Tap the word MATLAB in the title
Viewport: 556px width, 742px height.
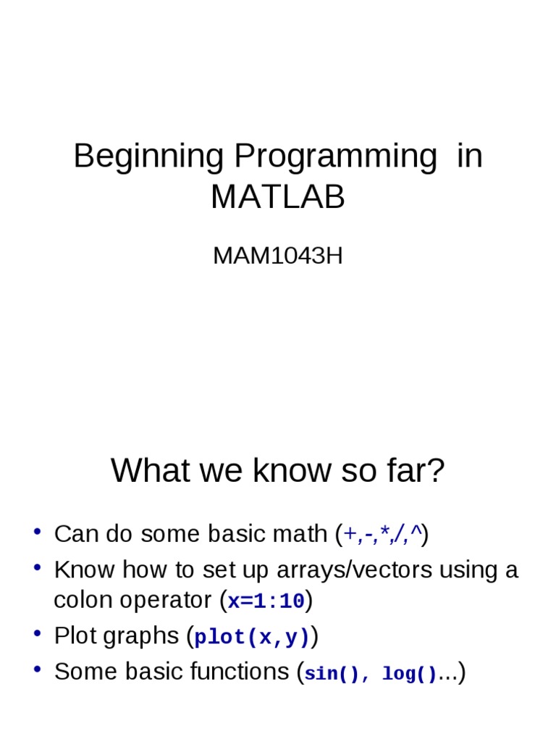pyautogui.click(x=278, y=197)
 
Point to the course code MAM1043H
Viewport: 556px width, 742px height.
pyautogui.click(x=278, y=256)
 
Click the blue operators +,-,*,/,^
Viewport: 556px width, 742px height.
pyautogui.click(x=383, y=535)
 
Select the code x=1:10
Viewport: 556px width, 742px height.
pyautogui.click(x=266, y=601)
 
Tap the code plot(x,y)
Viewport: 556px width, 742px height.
pyautogui.click(x=252, y=637)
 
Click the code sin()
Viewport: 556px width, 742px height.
pyautogui.click(x=332, y=674)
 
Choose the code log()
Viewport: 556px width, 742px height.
pyautogui.click(x=409, y=674)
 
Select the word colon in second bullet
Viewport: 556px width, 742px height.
pyautogui.click(x=82, y=600)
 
